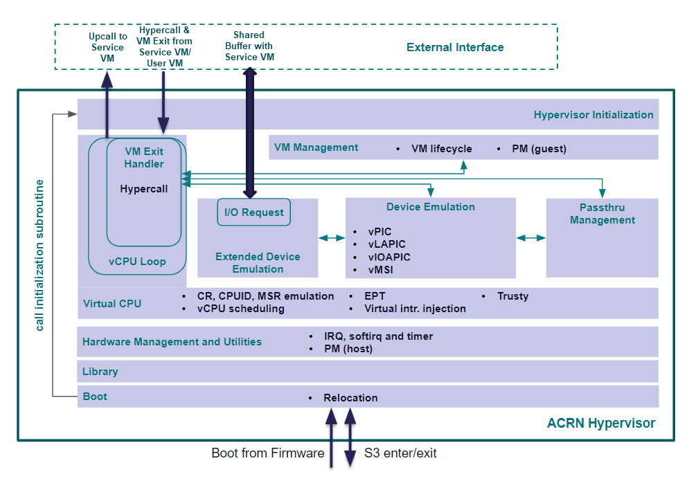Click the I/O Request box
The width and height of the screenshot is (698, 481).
tap(253, 212)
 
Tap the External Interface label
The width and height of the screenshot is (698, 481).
tap(455, 47)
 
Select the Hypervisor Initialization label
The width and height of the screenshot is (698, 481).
tap(593, 115)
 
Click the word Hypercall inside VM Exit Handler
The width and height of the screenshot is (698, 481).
tap(144, 189)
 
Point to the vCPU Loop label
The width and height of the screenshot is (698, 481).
tap(137, 262)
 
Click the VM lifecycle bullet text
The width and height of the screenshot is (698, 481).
tap(442, 149)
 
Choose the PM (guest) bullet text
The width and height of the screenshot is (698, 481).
tap(539, 149)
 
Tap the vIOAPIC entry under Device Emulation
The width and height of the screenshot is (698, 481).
tap(389, 257)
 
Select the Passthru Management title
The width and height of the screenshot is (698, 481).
tap(602, 214)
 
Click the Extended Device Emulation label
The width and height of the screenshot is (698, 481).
tap(258, 262)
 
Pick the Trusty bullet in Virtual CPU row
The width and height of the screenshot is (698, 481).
tap(513, 296)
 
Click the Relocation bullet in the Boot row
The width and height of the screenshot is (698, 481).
tap(350, 398)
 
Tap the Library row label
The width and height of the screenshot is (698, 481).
tap(100, 372)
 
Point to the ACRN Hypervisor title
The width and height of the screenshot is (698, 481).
tap(601, 423)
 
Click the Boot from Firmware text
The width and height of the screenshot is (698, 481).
tap(268, 453)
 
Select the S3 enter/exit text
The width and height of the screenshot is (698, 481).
tap(400, 453)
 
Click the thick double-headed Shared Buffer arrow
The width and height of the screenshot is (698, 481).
tap(250, 133)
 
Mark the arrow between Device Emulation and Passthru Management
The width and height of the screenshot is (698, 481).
tap(530, 238)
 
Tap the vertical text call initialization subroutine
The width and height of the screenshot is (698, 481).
tap(39, 255)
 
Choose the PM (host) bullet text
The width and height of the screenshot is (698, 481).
tap(348, 349)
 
